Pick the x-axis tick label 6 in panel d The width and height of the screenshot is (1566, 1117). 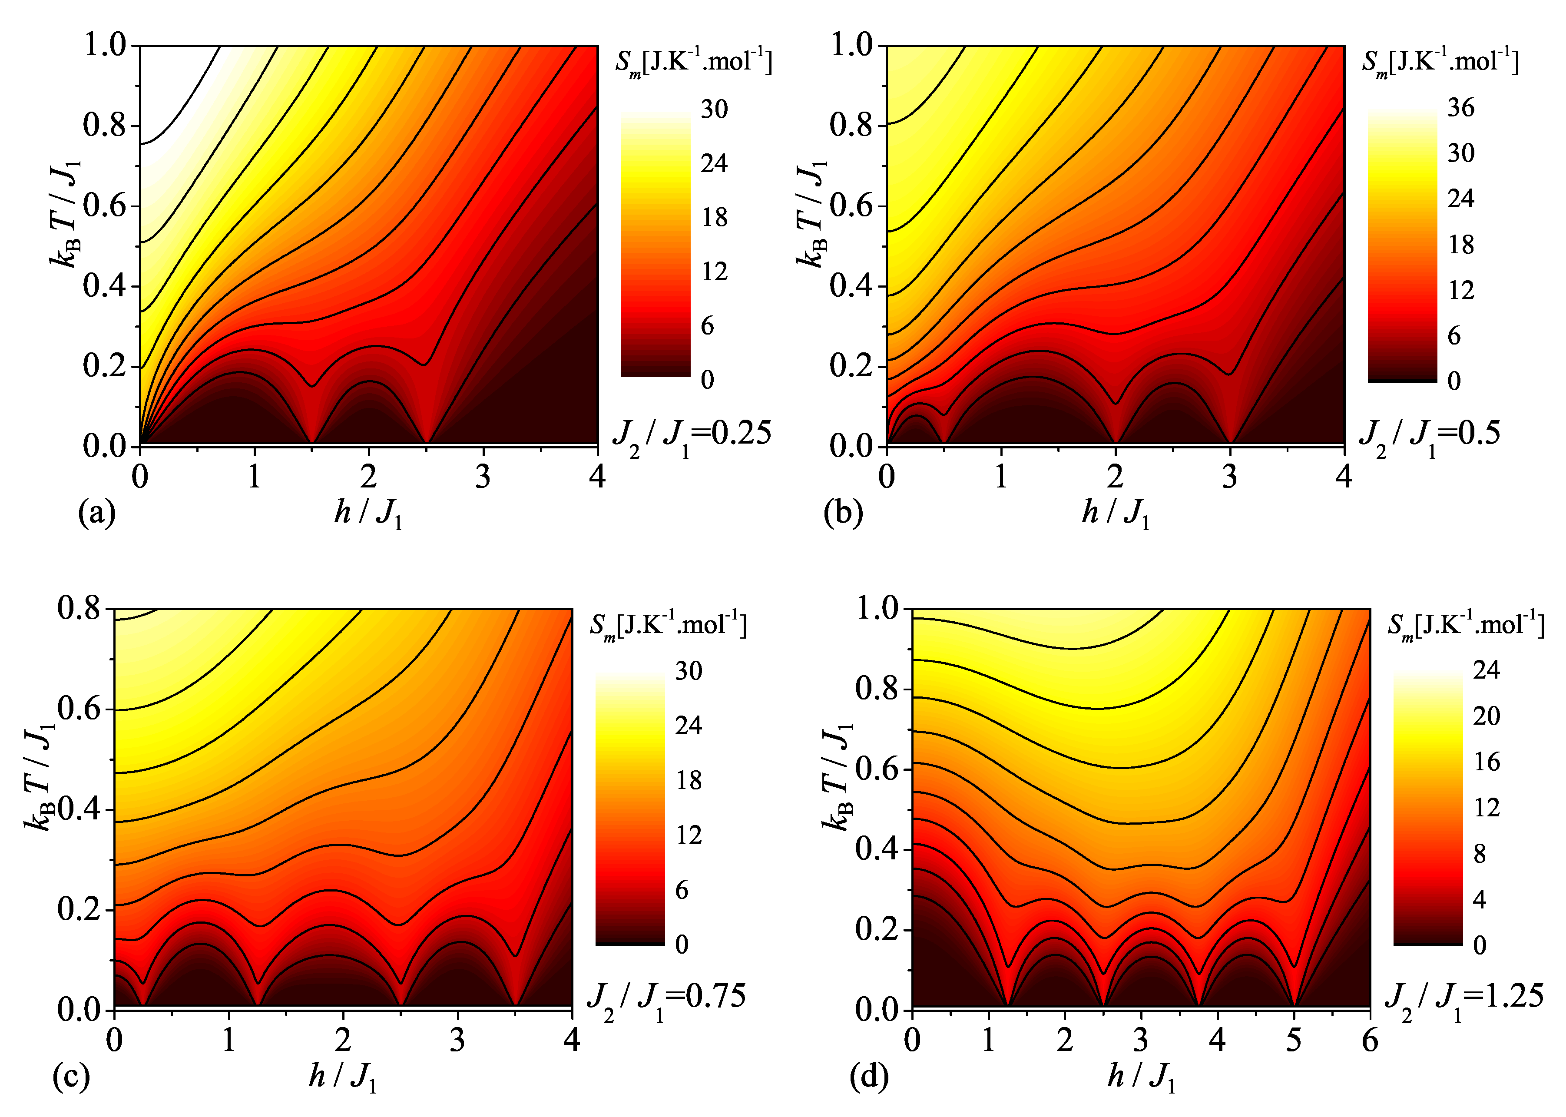point(1369,1040)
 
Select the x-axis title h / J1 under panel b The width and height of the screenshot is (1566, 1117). point(1115,513)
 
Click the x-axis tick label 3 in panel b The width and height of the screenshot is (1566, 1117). point(1230,477)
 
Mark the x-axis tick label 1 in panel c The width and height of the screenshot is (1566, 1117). point(229,1040)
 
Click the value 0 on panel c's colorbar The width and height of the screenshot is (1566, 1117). point(682,945)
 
